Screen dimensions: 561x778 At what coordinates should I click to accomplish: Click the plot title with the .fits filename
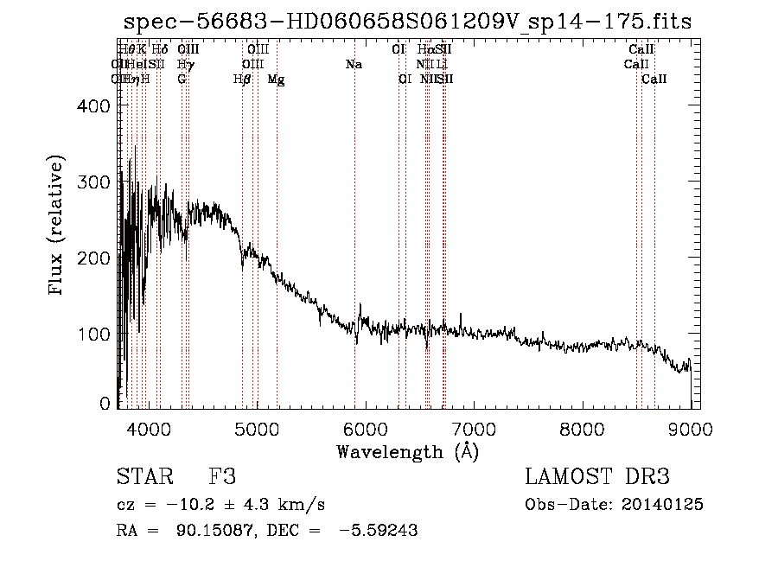point(408,22)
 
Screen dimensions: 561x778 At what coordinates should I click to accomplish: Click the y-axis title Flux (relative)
point(58,226)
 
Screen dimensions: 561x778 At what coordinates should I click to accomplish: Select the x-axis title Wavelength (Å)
point(407,451)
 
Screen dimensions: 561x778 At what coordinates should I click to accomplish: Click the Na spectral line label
point(353,65)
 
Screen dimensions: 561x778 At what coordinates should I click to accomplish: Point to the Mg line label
point(276,80)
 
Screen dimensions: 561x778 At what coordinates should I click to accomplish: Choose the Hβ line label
point(242,80)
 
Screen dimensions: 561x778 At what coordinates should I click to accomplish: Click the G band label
point(182,80)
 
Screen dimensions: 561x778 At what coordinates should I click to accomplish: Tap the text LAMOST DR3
point(597,477)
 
